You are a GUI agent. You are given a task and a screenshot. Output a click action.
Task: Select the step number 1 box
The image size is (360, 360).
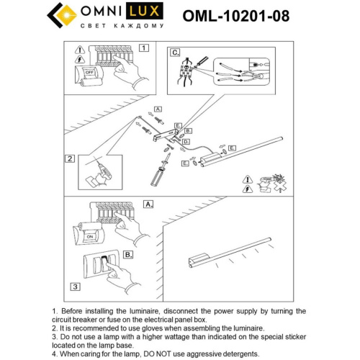[143, 49]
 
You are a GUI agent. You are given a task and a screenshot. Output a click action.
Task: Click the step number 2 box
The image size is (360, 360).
[70, 159]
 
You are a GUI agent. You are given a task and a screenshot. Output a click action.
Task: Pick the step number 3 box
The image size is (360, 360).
[74, 287]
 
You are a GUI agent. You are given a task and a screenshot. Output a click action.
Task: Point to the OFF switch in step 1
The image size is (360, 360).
[91, 72]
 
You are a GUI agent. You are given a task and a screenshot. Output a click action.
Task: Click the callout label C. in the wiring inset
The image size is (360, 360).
[175, 53]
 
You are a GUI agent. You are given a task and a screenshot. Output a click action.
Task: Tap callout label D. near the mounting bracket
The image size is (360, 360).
[185, 143]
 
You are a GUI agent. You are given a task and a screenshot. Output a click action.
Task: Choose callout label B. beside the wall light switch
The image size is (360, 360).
[128, 254]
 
